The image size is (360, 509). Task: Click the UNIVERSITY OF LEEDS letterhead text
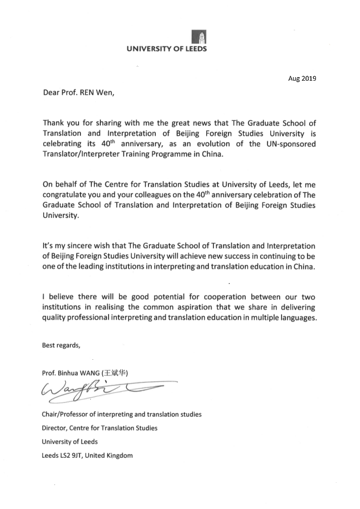pyautogui.click(x=167, y=49)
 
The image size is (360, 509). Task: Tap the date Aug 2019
pyautogui.click(x=302, y=78)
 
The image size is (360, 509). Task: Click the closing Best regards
pyautogui.click(x=61, y=345)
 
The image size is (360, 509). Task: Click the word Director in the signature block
pyautogui.click(x=53, y=428)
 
